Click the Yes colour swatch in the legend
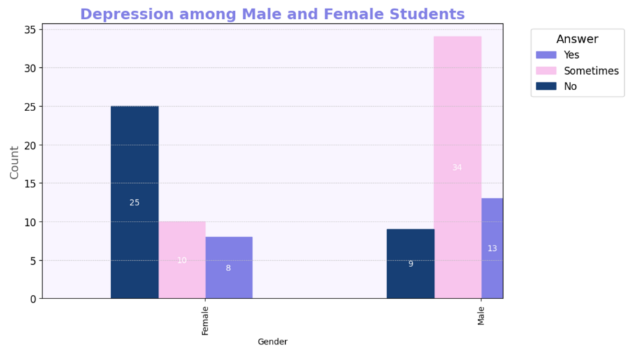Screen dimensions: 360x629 [546, 55]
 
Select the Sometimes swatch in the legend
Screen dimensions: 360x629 [546, 71]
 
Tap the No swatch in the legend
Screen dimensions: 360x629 [546, 87]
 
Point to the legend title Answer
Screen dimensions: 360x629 [577, 39]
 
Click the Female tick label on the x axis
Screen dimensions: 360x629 [205, 319]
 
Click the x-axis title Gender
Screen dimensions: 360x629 [273, 342]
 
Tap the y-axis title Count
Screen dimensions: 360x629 [14, 161]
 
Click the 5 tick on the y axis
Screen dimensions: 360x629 [32, 261]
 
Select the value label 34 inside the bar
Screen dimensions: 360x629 [457, 168]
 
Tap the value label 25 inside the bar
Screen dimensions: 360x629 [134, 203]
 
